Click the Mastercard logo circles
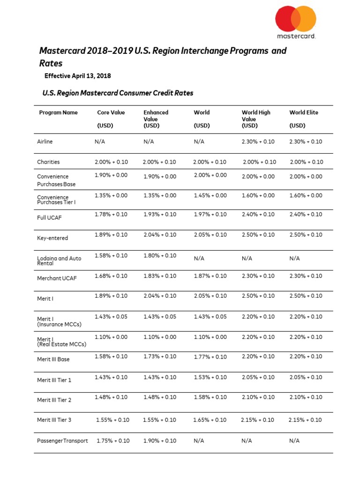click(295, 19)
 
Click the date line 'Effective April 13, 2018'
click(77, 75)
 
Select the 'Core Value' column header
click(111, 112)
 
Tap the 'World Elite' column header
click(304, 112)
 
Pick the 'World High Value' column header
click(256, 119)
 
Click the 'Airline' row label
click(45, 142)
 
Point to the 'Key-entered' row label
click(52, 238)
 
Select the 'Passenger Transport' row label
click(62, 441)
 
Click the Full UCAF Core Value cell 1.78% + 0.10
click(111, 214)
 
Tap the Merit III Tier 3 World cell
click(210, 420)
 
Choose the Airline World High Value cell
click(258, 142)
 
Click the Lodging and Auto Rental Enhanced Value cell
click(159, 255)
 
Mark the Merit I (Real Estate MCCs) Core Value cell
click(111, 337)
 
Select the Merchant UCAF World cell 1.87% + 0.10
click(210, 276)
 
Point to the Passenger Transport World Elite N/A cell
click(294, 441)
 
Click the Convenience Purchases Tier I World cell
click(210, 195)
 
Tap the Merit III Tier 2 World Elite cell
click(306, 397)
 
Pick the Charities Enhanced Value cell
click(159, 162)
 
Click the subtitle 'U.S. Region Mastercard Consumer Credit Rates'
click(118, 93)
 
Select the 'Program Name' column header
click(59, 112)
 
